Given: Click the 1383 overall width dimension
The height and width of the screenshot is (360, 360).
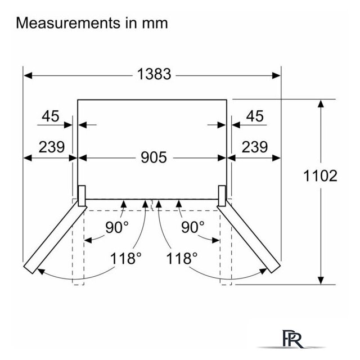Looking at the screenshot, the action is click(x=154, y=74).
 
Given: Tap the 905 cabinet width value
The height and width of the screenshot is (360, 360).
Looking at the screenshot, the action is click(x=154, y=157).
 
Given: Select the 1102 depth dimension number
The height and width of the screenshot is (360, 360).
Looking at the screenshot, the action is click(x=320, y=176).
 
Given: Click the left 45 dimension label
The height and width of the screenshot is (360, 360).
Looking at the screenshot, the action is click(x=51, y=116).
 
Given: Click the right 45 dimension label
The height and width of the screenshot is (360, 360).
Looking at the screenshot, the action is click(x=255, y=116).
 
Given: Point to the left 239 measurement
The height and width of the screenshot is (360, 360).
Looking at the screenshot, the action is click(x=52, y=147).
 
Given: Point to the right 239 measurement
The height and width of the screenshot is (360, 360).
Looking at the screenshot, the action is click(x=255, y=147).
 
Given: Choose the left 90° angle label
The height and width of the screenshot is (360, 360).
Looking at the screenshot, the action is click(x=117, y=227).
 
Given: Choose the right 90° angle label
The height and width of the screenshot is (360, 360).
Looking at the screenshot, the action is click(x=192, y=227).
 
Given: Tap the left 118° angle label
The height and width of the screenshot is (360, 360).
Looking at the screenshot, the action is click(x=125, y=258).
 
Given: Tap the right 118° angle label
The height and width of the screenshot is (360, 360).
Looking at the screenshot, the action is click(x=182, y=258).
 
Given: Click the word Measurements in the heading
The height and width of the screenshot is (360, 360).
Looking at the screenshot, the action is click(x=68, y=23).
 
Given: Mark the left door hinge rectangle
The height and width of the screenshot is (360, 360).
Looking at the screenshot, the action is click(x=82, y=196).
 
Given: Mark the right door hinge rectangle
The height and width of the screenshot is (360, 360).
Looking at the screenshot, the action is click(x=222, y=196).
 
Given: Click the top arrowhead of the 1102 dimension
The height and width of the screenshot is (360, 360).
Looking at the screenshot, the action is click(x=321, y=103).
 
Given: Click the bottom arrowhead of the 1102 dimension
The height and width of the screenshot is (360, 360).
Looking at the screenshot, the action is click(x=321, y=280).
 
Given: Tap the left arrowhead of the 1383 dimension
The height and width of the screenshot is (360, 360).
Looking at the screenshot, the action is click(x=28, y=75).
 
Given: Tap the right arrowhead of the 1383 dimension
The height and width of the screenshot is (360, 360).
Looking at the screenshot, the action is click(x=276, y=75).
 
